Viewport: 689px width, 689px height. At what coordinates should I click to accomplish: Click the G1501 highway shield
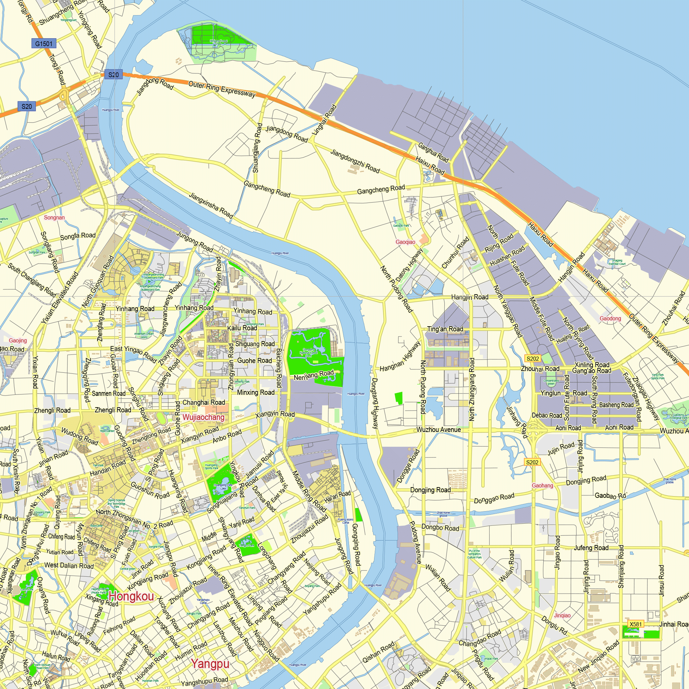point(43,44)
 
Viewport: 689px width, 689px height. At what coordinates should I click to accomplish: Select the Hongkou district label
point(132,596)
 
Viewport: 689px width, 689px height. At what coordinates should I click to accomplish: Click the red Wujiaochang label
point(203,417)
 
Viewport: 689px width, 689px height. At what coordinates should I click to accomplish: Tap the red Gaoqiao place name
point(405,242)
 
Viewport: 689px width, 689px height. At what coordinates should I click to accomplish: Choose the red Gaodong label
point(610,318)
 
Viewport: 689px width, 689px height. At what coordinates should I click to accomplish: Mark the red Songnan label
point(54,217)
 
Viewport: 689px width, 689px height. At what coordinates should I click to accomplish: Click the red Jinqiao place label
point(563,615)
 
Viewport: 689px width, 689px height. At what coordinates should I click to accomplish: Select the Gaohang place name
point(543,485)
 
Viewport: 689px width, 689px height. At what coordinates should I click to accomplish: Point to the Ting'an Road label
point(445,329)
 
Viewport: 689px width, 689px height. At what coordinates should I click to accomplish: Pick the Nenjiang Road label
point(314,375)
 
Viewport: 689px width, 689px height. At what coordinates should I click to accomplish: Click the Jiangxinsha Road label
point(211,205)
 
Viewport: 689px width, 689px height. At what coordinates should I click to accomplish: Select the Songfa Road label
point(78,236)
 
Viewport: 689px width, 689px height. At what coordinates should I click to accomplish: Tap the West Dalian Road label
point(69,565)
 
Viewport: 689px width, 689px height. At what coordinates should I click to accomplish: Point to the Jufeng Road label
point(591,547)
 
